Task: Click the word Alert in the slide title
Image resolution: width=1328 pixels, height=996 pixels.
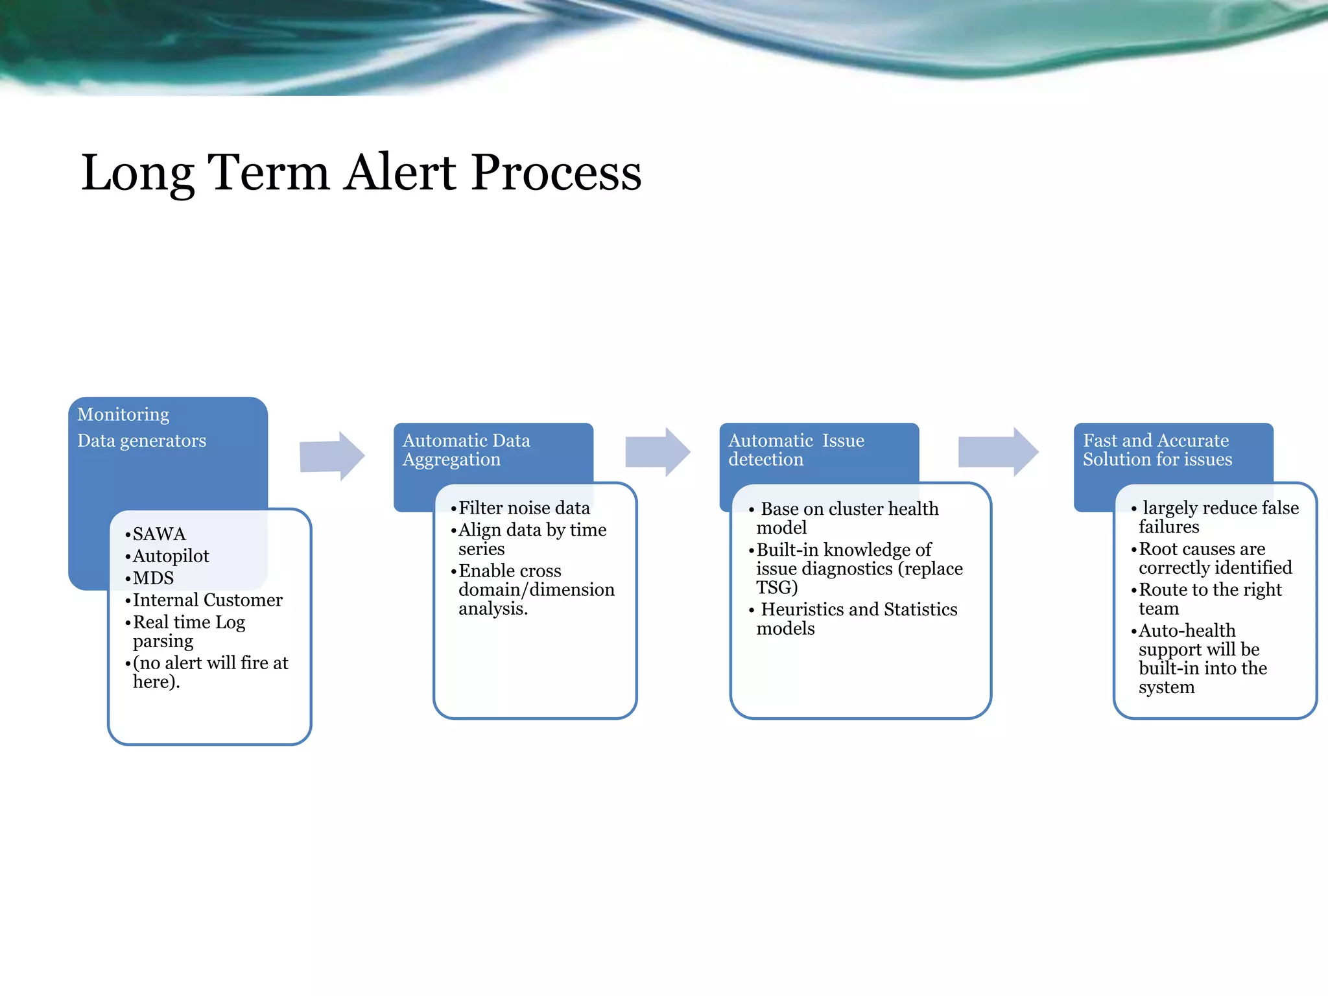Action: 399,172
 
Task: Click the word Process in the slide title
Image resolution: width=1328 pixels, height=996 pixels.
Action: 556,172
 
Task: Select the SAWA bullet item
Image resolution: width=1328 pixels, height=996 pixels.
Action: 159,534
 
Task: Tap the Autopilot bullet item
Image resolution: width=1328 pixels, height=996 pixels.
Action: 171,556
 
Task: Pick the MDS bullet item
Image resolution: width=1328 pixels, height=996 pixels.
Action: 153,578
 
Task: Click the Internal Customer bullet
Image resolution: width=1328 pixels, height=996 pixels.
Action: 207,600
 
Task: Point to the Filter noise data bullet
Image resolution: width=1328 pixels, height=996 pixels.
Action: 524,508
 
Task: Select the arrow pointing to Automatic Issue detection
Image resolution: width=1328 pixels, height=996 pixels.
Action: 657,452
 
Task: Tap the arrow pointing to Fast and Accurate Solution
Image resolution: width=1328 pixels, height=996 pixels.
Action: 998,452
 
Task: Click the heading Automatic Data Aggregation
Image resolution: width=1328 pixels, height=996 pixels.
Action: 466,450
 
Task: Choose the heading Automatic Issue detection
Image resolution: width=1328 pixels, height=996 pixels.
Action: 796,450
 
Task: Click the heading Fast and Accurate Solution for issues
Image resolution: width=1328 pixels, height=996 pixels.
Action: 1157,450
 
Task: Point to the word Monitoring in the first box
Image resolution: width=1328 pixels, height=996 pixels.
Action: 123,414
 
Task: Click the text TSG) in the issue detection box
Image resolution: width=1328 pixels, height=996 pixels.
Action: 777,587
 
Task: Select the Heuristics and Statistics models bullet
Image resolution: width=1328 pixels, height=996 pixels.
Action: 856,619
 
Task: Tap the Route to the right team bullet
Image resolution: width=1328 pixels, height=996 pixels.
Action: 1209,599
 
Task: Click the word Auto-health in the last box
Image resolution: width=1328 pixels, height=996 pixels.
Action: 1187,630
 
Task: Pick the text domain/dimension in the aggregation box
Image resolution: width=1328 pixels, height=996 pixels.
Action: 536,590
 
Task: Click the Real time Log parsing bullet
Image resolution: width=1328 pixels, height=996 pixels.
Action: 188,632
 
